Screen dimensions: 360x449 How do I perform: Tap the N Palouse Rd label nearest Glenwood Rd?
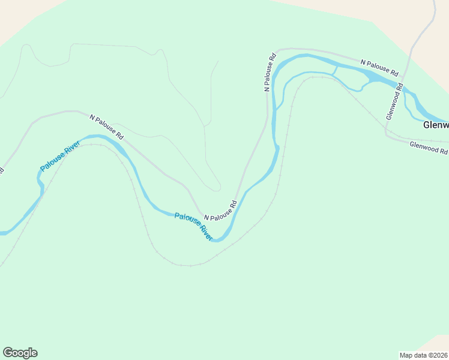(379, 67)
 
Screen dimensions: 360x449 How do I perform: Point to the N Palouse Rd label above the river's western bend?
(106, 127)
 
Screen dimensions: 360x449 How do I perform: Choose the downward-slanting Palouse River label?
(193, 226)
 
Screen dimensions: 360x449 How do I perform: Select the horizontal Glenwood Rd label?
(429, 147)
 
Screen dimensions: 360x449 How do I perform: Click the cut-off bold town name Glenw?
(436, 125)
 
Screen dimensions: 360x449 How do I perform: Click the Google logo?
(20, 353)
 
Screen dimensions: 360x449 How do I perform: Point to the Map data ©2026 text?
(423, 355)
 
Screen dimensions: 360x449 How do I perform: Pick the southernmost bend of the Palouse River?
(220, 240)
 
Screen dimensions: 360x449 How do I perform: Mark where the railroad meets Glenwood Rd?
(385, 129)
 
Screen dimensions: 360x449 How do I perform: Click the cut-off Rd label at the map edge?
(2, 170)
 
